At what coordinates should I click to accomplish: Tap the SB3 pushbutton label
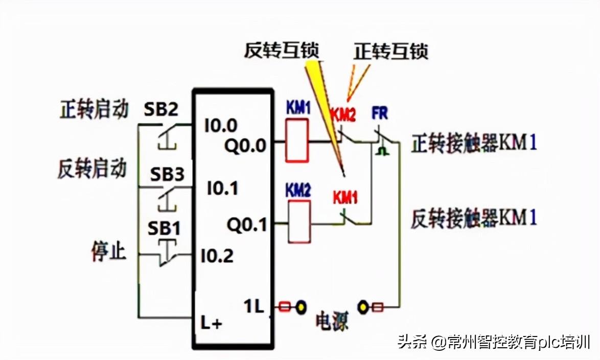pyautogui.click(x=167, y=174)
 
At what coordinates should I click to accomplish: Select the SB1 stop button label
pyautogui.click(x=164, y=229)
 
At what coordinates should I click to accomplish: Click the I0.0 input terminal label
pyautogui.click(x=221, y=125)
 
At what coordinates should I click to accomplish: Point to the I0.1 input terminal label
pyautogui.click(x=222, y=189)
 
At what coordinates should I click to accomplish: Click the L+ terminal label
pyautogui.click(x=210, y=324)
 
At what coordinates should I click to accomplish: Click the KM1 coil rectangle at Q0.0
pyautogui.click(x=297, y=140)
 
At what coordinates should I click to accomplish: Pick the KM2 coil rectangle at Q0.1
pyautogui.click(x=299, y=221)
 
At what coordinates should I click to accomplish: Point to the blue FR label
pyautogui.click(x=380, y=114)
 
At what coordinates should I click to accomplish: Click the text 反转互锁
pyautogui.click(x=281, y=51)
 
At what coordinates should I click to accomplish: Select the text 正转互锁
pyautogui.click(x=390, y=51)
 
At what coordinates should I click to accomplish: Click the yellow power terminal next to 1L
pyautogui.click(x=302, y=307)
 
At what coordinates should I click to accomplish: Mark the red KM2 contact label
pyautogui.click(x=342, y=115)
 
